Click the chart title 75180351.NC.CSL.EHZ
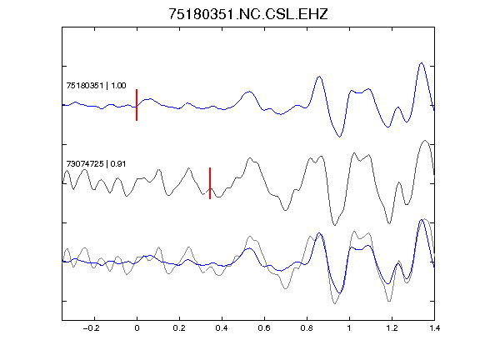(248, 14)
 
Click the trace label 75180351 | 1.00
(96, 85)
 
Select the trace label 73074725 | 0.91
(96, 164)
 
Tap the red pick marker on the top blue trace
(137, 105)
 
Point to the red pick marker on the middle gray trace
(210, 183)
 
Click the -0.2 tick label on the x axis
(92, 328)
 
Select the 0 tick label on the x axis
(137, 328)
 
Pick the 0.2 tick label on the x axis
(179, 328)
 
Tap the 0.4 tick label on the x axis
(222, 328)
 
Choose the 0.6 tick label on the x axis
(264, 328)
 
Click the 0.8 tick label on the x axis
(307, 328)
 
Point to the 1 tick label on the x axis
(349, 328)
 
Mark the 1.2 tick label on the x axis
(392, 328)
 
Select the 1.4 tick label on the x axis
(435, 328)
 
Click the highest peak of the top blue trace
(422, 63)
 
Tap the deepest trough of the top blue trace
(339, 137)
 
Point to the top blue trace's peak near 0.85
(319, 77)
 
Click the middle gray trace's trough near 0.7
(285, 210)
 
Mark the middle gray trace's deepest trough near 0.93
(335, 225)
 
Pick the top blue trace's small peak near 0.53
(249, 92)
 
